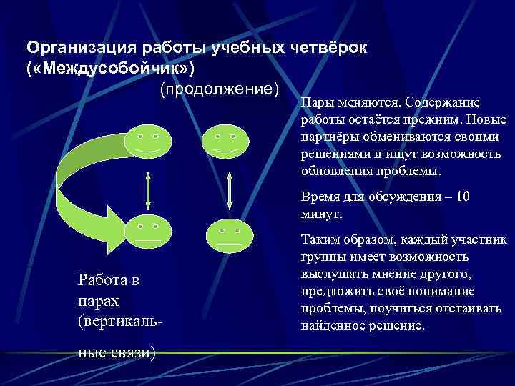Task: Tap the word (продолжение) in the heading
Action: [x=219, y=89]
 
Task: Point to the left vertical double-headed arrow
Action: [x=146, y=187]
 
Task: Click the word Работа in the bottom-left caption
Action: [x=100, y=281]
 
